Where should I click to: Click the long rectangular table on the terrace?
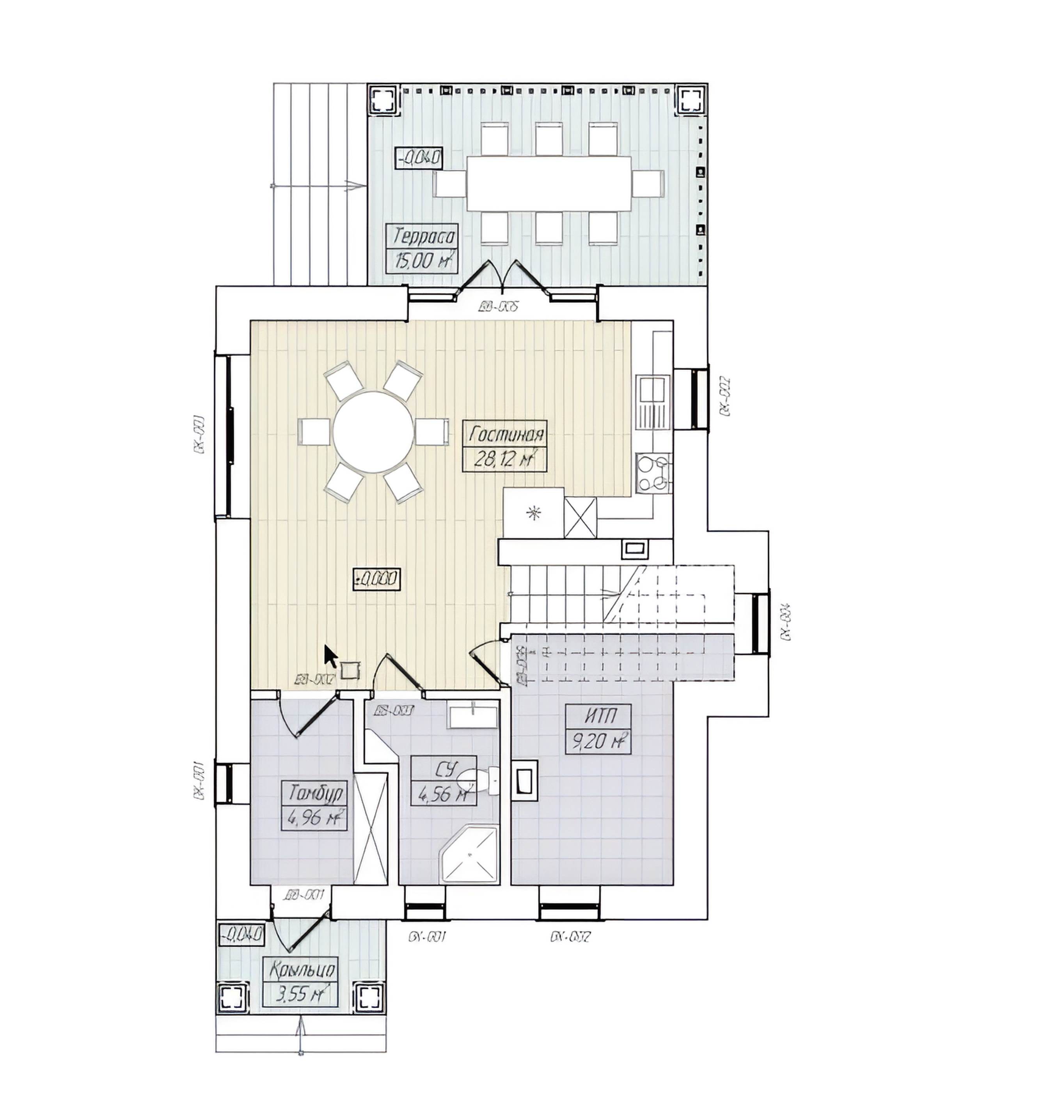coord(548,183)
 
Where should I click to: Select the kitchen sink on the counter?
coord(653,389)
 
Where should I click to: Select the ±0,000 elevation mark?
coord(376,580)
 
